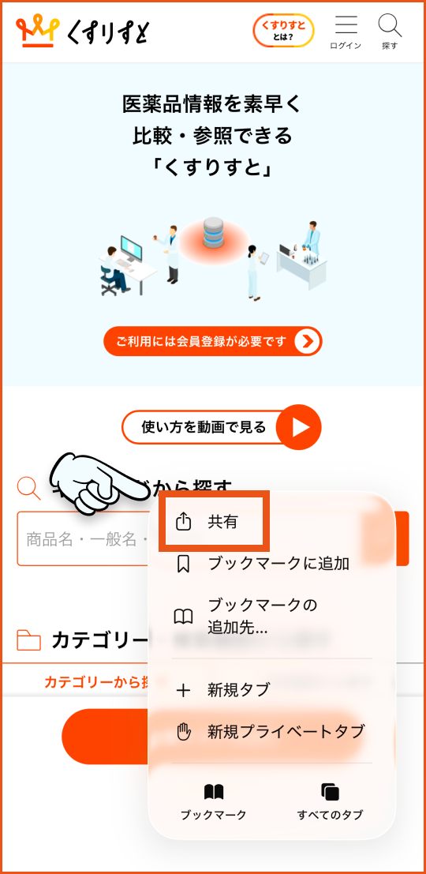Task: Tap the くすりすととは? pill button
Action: coord(283,31)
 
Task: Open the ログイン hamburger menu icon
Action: coord(346,26)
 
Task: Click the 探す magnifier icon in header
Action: coord(390,26)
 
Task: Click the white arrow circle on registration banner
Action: coord(307,341)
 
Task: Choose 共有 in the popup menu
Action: coord(222,522)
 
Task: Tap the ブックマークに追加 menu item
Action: coord(278,564)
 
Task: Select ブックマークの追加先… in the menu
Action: coord(262,616)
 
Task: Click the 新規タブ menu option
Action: coord(238,690)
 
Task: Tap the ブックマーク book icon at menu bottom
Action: coord(213,792)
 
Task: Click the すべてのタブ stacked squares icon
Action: coord(330,792)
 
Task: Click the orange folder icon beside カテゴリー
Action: coord(28,640)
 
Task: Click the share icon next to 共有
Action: coord(183,522)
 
